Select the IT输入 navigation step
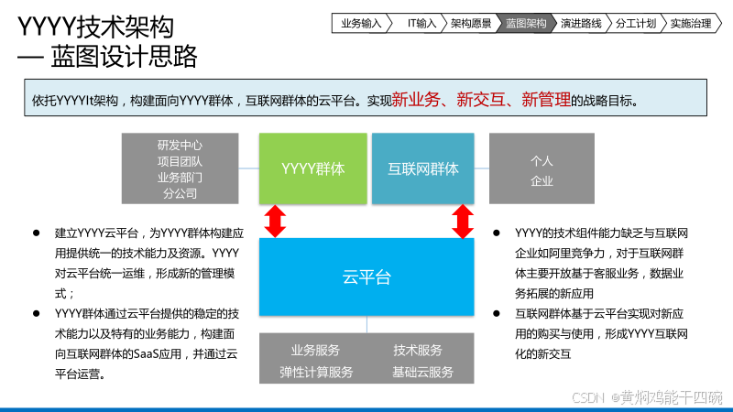tap(421, 23)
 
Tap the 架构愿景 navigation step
tap(471, 23)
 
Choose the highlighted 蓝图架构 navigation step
tap(526, 23)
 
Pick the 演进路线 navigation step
tap(581, 23)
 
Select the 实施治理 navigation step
tap(690, 23)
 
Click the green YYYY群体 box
tap(312, 168)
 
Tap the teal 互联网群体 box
tap(422, 168)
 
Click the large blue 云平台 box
tap(366, 276)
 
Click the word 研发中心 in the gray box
tap(180, 145)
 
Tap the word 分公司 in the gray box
tap(180, 193)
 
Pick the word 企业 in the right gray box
tap(542, 181)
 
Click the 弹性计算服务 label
tap(316, 372)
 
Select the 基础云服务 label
tap(422, 372)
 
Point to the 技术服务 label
tap(418, 350)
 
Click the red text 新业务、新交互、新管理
tap(481, 100)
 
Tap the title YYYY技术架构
tap(95, 27)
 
